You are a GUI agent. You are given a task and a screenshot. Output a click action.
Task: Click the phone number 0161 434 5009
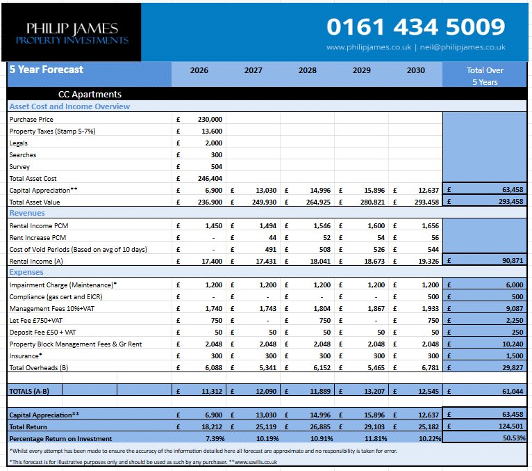click(415, 27)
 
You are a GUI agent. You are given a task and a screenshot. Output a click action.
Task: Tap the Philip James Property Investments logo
click(72, 33)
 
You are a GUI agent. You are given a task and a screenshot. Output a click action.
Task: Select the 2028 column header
click(307, 70)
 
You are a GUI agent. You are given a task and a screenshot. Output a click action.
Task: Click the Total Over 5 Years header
click(485, 76)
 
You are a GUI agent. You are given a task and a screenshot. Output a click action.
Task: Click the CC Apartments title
click(90, 94)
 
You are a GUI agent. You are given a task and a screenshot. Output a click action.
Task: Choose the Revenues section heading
click(27, 213)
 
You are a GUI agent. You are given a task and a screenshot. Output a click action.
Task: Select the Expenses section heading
click(27, 273)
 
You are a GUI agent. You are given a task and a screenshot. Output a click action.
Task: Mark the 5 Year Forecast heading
click(46, 70)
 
